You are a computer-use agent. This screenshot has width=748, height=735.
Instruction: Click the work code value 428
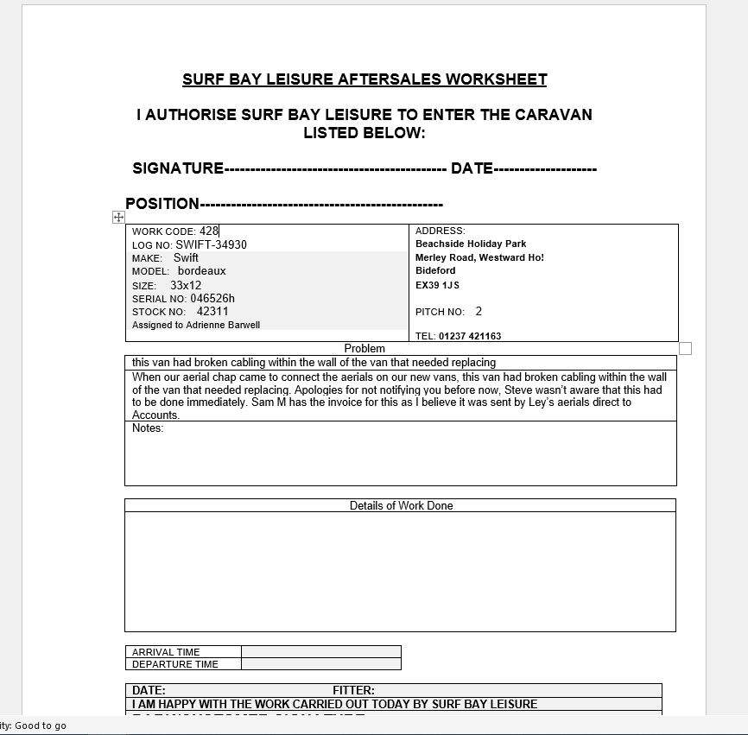pyautogui.click(x=209, y=231)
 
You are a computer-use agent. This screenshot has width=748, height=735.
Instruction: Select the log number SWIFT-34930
pyautogui.click(x=211, y=244)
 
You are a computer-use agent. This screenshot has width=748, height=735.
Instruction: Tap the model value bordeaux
pyautogui.click(x=201, y=271)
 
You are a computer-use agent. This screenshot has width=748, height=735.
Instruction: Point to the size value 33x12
pyautogui.click(x=186, y=285)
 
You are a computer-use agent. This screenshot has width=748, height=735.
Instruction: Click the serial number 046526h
pyautogui.click(x=212, y=299)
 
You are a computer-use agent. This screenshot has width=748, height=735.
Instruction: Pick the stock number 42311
pyautogui.click(x=212, y=312)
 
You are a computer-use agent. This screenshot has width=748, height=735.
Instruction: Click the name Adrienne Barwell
pyautogui.click(x=223, y=326)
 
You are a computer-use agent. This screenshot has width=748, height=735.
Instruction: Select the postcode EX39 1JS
pyautogui.click(x=437, y=285)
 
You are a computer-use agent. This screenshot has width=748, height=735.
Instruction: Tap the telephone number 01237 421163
pyautogui.click(x=470, y=336)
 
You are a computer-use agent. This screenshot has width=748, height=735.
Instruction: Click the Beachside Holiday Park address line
pyautogui.click(x=471, y=244)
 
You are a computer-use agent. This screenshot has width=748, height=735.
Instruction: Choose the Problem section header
pyautogui.click(x=364, y=349)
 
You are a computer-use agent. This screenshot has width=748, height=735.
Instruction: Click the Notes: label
pyautogui.click(x=148, y=428)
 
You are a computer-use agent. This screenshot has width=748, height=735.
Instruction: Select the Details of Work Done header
pyautogui.click(x=401, y=506)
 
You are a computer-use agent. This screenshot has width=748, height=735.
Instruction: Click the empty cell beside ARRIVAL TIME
pyautogui.click(x=320, y=652)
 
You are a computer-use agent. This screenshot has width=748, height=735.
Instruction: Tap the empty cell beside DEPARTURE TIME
pyautogui.click(x=320, y=664)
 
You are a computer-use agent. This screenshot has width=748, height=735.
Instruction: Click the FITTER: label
pyautogui.click(x=353, y=690)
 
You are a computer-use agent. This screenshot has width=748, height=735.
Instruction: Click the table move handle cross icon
pyautogui.click(x=118, y=218)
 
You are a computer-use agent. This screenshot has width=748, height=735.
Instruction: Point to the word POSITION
pyautogui.click(x=162, y=204)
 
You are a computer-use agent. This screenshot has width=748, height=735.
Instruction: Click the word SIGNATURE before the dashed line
pyautogui.click(x=178, y=168)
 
